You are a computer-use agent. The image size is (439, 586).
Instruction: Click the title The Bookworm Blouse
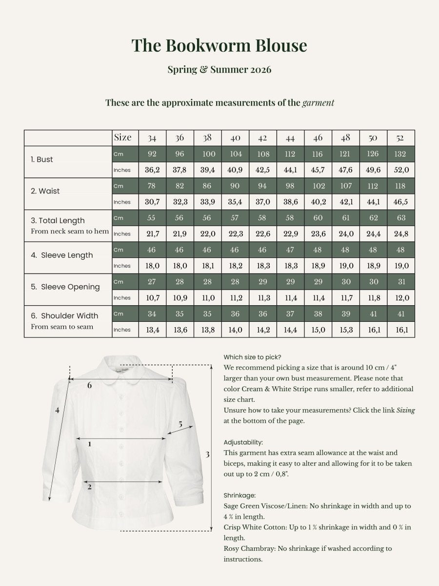pos(219,45)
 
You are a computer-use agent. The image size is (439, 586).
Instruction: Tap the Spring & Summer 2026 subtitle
pos(219,69)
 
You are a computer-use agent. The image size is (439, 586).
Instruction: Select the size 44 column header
pos(290,138)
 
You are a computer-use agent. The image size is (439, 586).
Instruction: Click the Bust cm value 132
pos(400,154)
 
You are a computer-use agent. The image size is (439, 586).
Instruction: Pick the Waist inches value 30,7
pos(152,202)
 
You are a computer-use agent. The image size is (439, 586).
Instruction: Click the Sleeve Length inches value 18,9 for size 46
pos(318,266)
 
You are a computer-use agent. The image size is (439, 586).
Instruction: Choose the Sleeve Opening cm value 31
pos(400,282)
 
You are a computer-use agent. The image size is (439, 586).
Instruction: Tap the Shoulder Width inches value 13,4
pos(152,330)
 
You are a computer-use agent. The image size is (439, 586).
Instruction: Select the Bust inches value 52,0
pos(400,170)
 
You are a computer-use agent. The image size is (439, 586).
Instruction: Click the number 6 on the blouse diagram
pos(89,385)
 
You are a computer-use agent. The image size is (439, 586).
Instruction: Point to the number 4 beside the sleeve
pos(57,410)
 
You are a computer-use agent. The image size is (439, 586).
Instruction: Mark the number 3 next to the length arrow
pos(207,454)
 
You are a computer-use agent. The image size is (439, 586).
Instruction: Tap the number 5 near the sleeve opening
pos(180,424)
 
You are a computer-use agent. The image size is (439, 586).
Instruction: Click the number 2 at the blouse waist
pos(89,486)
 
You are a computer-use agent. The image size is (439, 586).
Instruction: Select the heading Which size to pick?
pos(252,356)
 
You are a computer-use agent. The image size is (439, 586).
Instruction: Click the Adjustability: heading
pos(243,442)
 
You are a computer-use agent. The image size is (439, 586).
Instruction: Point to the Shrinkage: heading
pos(239,495)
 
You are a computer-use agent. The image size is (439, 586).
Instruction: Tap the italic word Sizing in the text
pos(405,410)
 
